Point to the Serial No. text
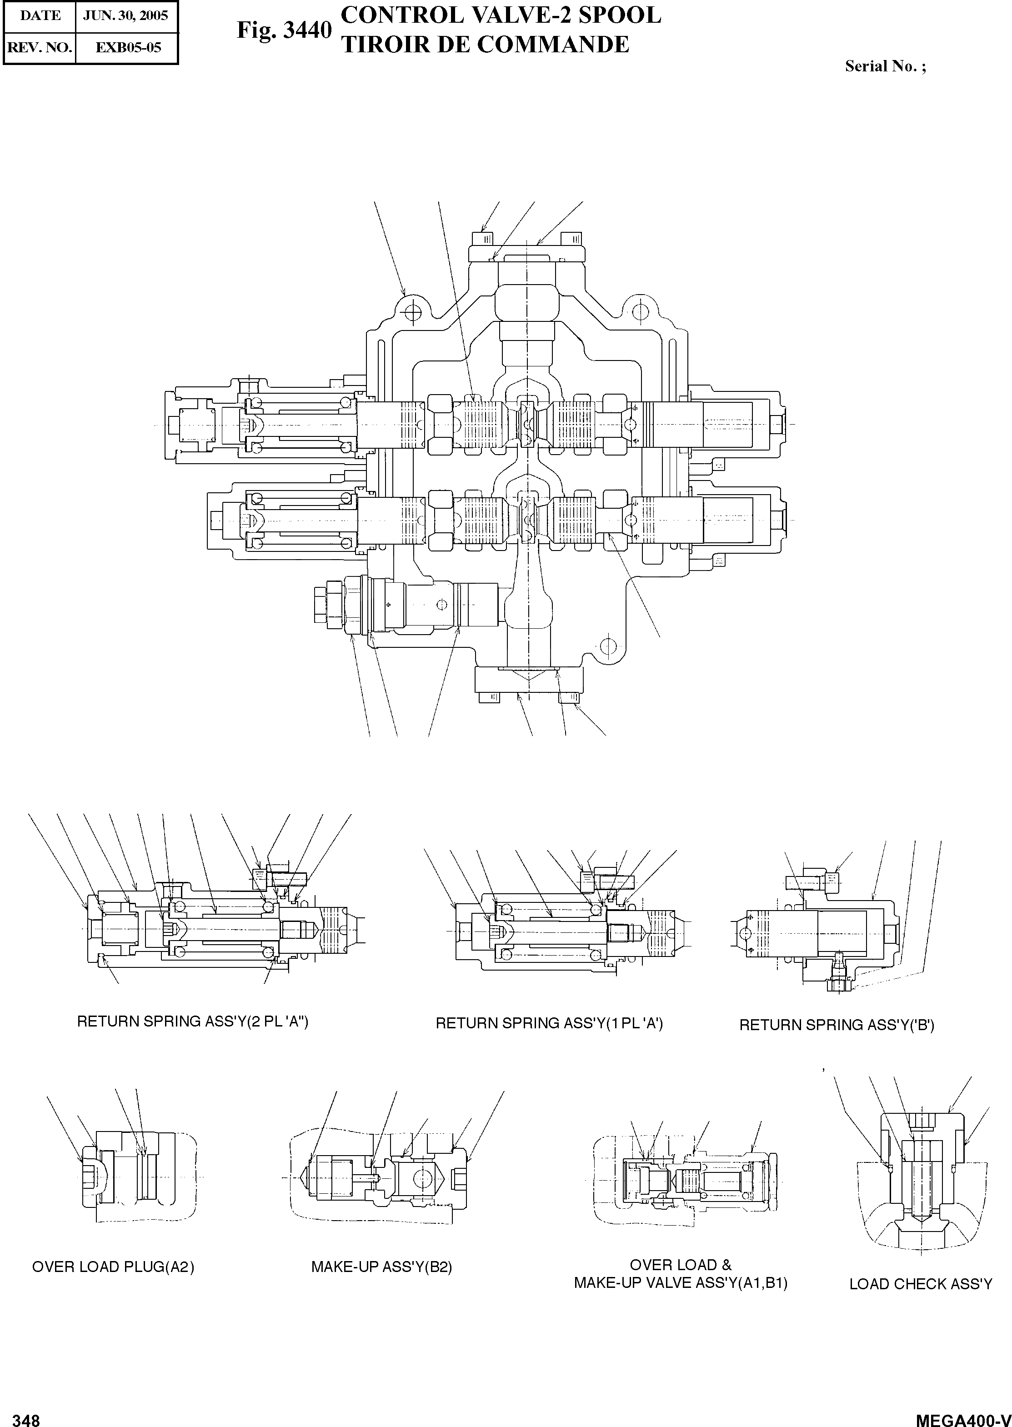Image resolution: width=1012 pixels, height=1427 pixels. (x=885, y=66)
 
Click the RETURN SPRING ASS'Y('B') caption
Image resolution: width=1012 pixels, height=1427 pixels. (x=836, y=1025)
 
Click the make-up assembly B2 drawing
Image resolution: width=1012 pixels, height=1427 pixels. (x=380, y=1178)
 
